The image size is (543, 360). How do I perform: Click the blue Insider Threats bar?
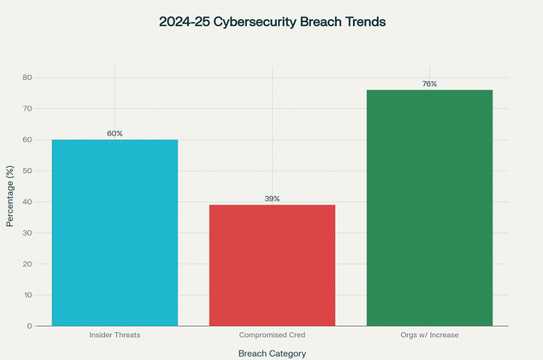pos(114,232)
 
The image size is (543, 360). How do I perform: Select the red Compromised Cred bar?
pos(272,265)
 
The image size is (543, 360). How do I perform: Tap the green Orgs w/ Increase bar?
pos(429,208)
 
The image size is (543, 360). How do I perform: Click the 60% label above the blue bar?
pos(114,133)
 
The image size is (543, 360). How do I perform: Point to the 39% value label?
pos(272,199)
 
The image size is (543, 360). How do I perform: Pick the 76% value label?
pos(429,84)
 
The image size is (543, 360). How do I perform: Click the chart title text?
pos(272,22)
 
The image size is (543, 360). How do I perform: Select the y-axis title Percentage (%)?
pos(10,196)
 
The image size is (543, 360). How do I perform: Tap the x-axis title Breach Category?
pos(272,353)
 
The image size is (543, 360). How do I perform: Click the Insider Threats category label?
pos(114,335)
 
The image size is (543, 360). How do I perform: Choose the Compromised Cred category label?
pos(272,335)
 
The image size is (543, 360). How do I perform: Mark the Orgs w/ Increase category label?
pos(429,335)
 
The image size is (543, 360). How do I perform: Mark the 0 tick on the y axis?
pos(29,326)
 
